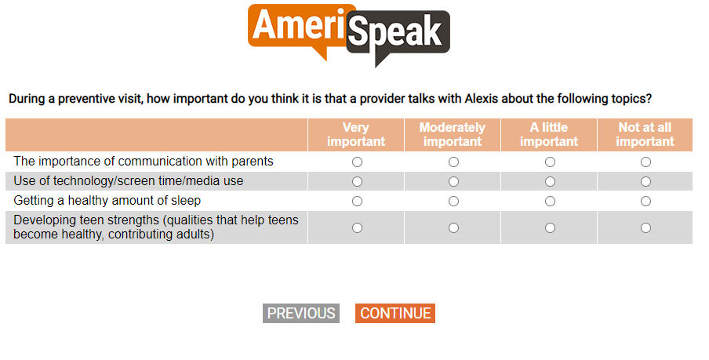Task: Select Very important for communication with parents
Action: [x=357, y=162]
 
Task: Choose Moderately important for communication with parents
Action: [x=453, y=162]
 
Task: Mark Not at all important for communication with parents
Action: [x=645, y=162]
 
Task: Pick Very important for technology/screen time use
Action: [x=357, y=181]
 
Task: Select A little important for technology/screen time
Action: [x=550, y=181]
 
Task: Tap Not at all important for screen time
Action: [x=645, y=181]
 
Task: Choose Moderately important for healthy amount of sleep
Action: [x=453, y=201]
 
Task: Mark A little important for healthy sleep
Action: [x=550, y=201]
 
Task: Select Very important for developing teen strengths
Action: [x=357, y=227]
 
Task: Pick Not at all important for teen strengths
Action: [x=645, y=227]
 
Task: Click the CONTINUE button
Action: [x=395, y=313]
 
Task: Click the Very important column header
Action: [x=356, y=134]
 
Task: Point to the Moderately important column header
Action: [x=453, y=134]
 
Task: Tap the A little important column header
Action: [x=549, y=134]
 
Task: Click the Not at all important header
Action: [x=645, y=134]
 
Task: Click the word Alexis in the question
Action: [x=482, y=99]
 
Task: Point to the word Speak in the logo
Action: [x=395, y=31]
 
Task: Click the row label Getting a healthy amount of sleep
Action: [x=107, y=200]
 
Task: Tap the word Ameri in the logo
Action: [x=299, y=24]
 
